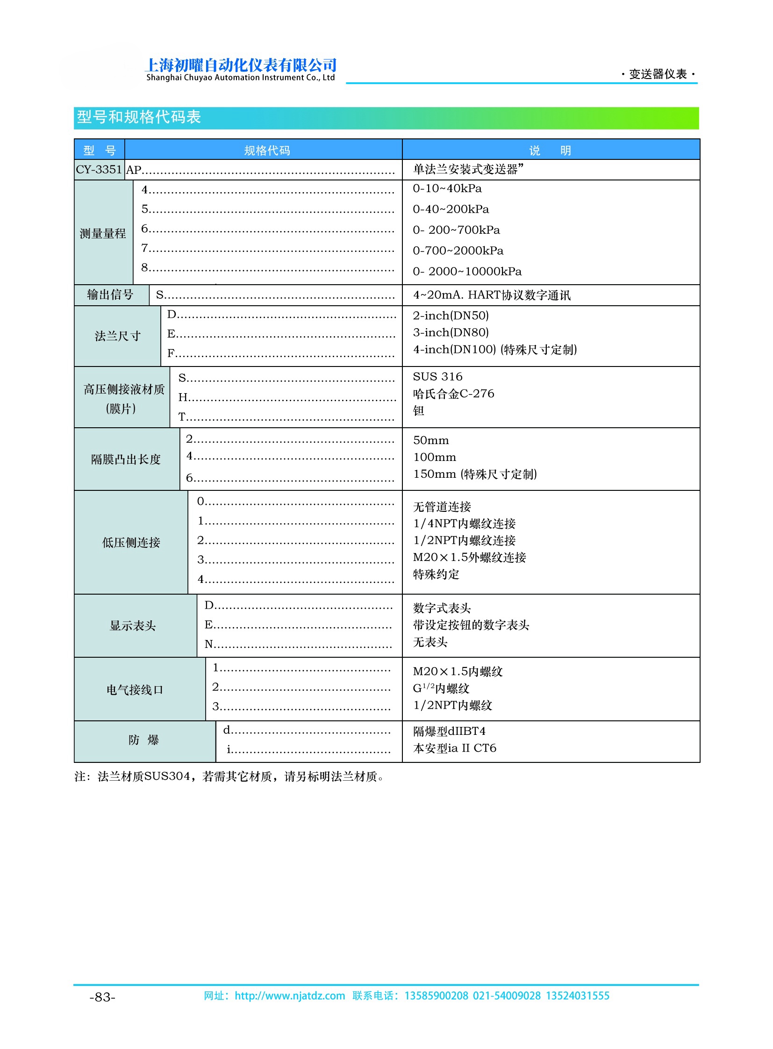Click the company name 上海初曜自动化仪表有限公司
tap(241, 65)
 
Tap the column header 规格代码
tap(267, 150)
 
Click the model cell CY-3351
tap(99, 169)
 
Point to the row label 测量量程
tap(102, 233)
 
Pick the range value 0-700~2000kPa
tap(458, 251)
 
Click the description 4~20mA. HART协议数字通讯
tap(491, 295)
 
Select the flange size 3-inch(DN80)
tap(450, 332)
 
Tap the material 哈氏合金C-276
tap(453, 394)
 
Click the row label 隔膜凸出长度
tap(126, 459)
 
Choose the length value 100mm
tap(434, 457)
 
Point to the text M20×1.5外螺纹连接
tap(469, 557)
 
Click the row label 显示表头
tap(132, 625)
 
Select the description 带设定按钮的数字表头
tap(470, 625)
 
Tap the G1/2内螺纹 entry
tap(441, 688)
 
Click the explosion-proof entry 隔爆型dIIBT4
tap(449, 731)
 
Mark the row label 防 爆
tap(143, 740)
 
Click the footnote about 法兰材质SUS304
tap(229, 776)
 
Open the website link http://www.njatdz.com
tap(289, 996)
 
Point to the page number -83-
tap(102, 997)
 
